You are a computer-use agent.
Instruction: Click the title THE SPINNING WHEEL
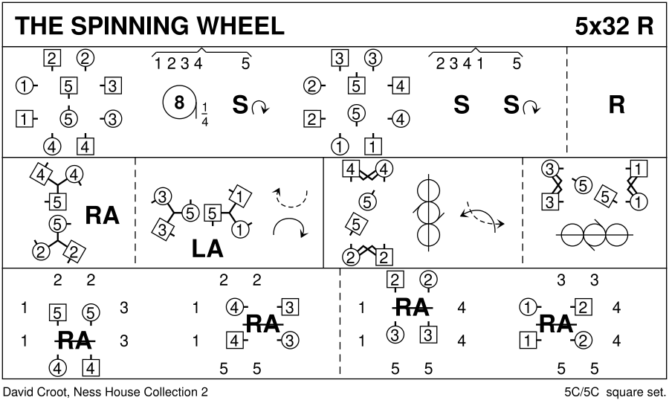[x=149, y=26]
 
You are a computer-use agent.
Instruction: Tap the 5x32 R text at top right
[x=613, y=26]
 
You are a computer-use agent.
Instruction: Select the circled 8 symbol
[x=178, y=104]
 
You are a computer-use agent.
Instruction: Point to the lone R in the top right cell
[x=616, y=106]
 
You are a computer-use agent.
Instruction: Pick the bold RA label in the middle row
[x=102, y=216]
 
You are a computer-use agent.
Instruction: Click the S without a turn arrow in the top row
[x=461, y=106]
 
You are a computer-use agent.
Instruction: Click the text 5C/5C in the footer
[x=582, y=391]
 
